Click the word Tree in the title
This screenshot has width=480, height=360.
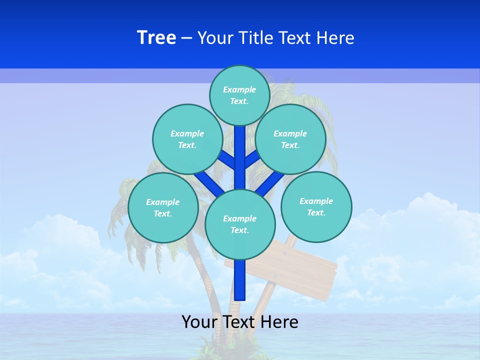pos(156,37)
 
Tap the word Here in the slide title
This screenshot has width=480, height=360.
pos(335,38)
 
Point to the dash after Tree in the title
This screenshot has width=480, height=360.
pos(186,38)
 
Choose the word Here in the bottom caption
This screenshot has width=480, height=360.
pos(279,322)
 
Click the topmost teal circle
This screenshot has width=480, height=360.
pos(239,95)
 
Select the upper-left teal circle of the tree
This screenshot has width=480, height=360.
pos(187,139)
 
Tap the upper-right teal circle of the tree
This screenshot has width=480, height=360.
pos(290,139)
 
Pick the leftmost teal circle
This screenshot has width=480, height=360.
pos(163,207)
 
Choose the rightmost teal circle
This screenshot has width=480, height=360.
pos(316,206)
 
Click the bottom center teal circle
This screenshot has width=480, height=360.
pos(240,224)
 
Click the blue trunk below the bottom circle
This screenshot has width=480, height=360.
pos(240,280)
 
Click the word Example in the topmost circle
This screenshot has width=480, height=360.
pos(239,89)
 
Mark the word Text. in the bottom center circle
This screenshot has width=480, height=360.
pos(239,230)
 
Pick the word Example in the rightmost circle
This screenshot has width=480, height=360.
pos(316,201)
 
